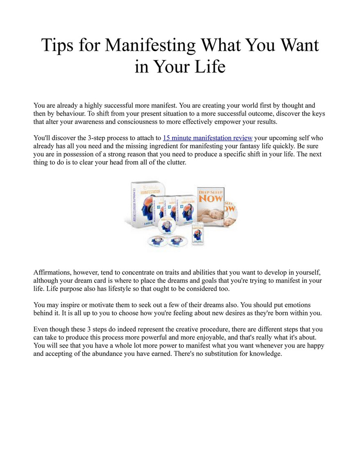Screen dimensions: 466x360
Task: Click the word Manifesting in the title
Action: (x=151, y=45)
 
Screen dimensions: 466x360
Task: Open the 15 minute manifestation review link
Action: (x=208, y=138)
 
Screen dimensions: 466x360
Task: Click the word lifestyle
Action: (x=130, y=288)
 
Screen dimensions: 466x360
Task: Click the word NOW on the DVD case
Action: (x=211, y=198)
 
